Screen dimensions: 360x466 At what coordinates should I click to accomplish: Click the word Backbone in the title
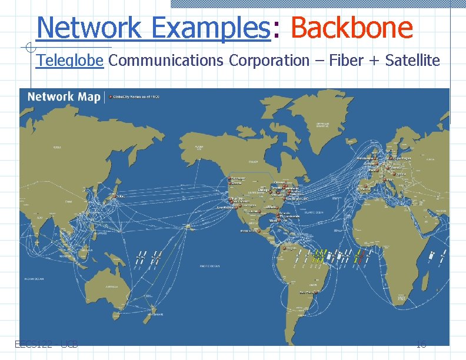point(351,28)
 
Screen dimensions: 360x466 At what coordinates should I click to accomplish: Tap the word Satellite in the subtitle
point(412,60)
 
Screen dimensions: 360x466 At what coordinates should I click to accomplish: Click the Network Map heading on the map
point(64,97)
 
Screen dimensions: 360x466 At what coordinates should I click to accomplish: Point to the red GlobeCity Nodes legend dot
point(110,96)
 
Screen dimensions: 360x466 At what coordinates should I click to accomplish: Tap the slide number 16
point(421,345)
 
